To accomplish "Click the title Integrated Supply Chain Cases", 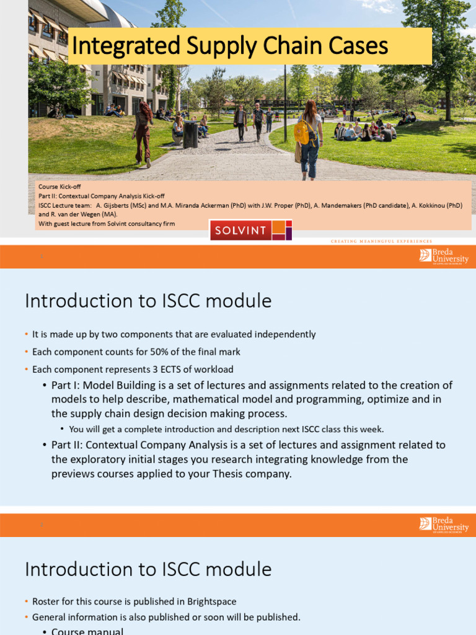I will [230, 46].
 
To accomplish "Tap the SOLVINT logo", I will [250, 231].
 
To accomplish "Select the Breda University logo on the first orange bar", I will [444, 255].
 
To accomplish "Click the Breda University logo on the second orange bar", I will [444, 525].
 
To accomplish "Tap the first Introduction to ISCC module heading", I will [148, 301].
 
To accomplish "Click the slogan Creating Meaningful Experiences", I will [381, 241].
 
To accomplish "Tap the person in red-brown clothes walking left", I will [143, 133].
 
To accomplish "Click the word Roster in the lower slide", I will [45, 602].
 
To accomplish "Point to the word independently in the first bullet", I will [286, 334].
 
